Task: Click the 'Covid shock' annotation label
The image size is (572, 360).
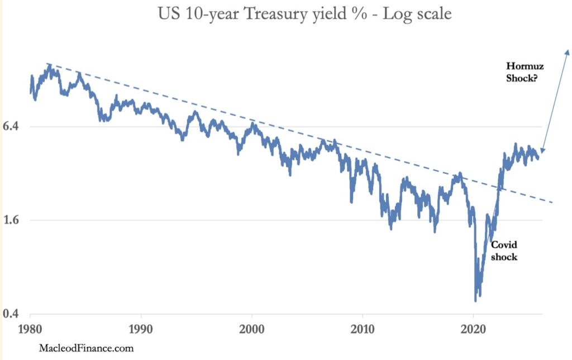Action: [x=504, y=251]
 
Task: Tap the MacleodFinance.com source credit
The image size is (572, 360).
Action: [x=86, y=348]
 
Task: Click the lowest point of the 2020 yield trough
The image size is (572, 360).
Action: [x=475, y=301]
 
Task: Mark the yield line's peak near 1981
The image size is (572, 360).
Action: [x=50, y=66]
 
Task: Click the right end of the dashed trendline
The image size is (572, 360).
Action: [x=552, y=202]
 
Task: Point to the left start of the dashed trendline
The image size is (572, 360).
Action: [x=48, y=64]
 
